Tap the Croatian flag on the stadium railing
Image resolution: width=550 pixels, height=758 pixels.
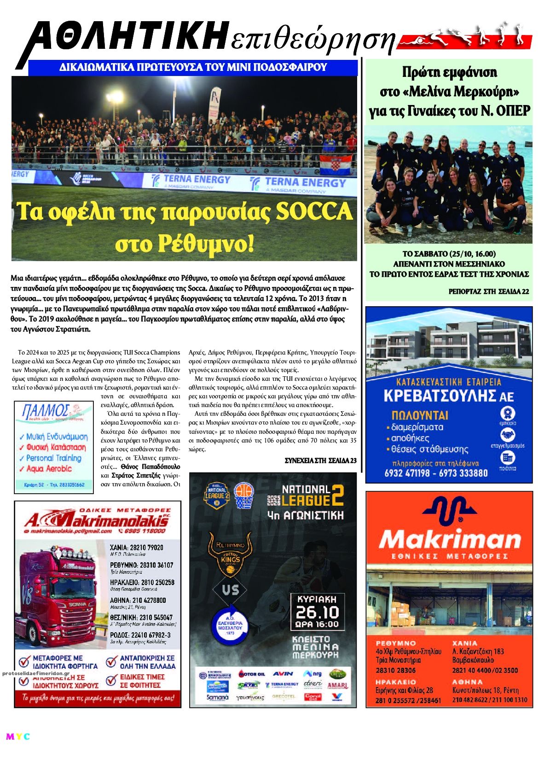pyautogui.click(x=335, y=163)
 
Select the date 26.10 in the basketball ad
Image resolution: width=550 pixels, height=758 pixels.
pyautogui.click(x=317, y=612)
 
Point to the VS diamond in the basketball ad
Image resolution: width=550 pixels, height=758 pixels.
pyautogui.click(x=230, y=589)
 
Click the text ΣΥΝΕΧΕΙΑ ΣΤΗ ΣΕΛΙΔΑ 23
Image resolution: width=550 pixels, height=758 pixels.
pyautogui.click(x=320, y=461)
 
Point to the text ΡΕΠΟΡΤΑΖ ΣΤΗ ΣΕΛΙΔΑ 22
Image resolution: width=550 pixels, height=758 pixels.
pyautogui.click(x=488, y=292)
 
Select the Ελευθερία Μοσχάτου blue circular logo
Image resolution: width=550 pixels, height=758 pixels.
pyautogui.click(x=230, y=624)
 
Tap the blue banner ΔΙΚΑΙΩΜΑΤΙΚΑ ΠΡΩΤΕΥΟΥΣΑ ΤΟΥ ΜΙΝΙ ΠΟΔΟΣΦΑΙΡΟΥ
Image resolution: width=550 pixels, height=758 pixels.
pyautogui.click(x=193, y=67)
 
